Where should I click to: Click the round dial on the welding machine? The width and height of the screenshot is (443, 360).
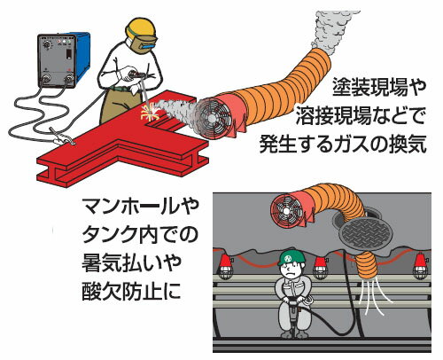click(47, 45)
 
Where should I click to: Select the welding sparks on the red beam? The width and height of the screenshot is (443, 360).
click(150, 113)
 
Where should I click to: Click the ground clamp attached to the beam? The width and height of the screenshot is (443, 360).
click(62, 137)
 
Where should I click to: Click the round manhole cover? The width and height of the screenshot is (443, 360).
click(365, 232)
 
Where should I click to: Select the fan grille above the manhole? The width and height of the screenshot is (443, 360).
click(286, 211)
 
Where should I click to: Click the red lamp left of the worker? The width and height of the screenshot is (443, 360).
click(226, 264)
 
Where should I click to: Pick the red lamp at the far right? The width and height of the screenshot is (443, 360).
click(420, 266)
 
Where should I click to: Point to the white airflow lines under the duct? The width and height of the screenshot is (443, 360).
click(375, 297)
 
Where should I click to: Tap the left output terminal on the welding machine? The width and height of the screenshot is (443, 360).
click(47, 79)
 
